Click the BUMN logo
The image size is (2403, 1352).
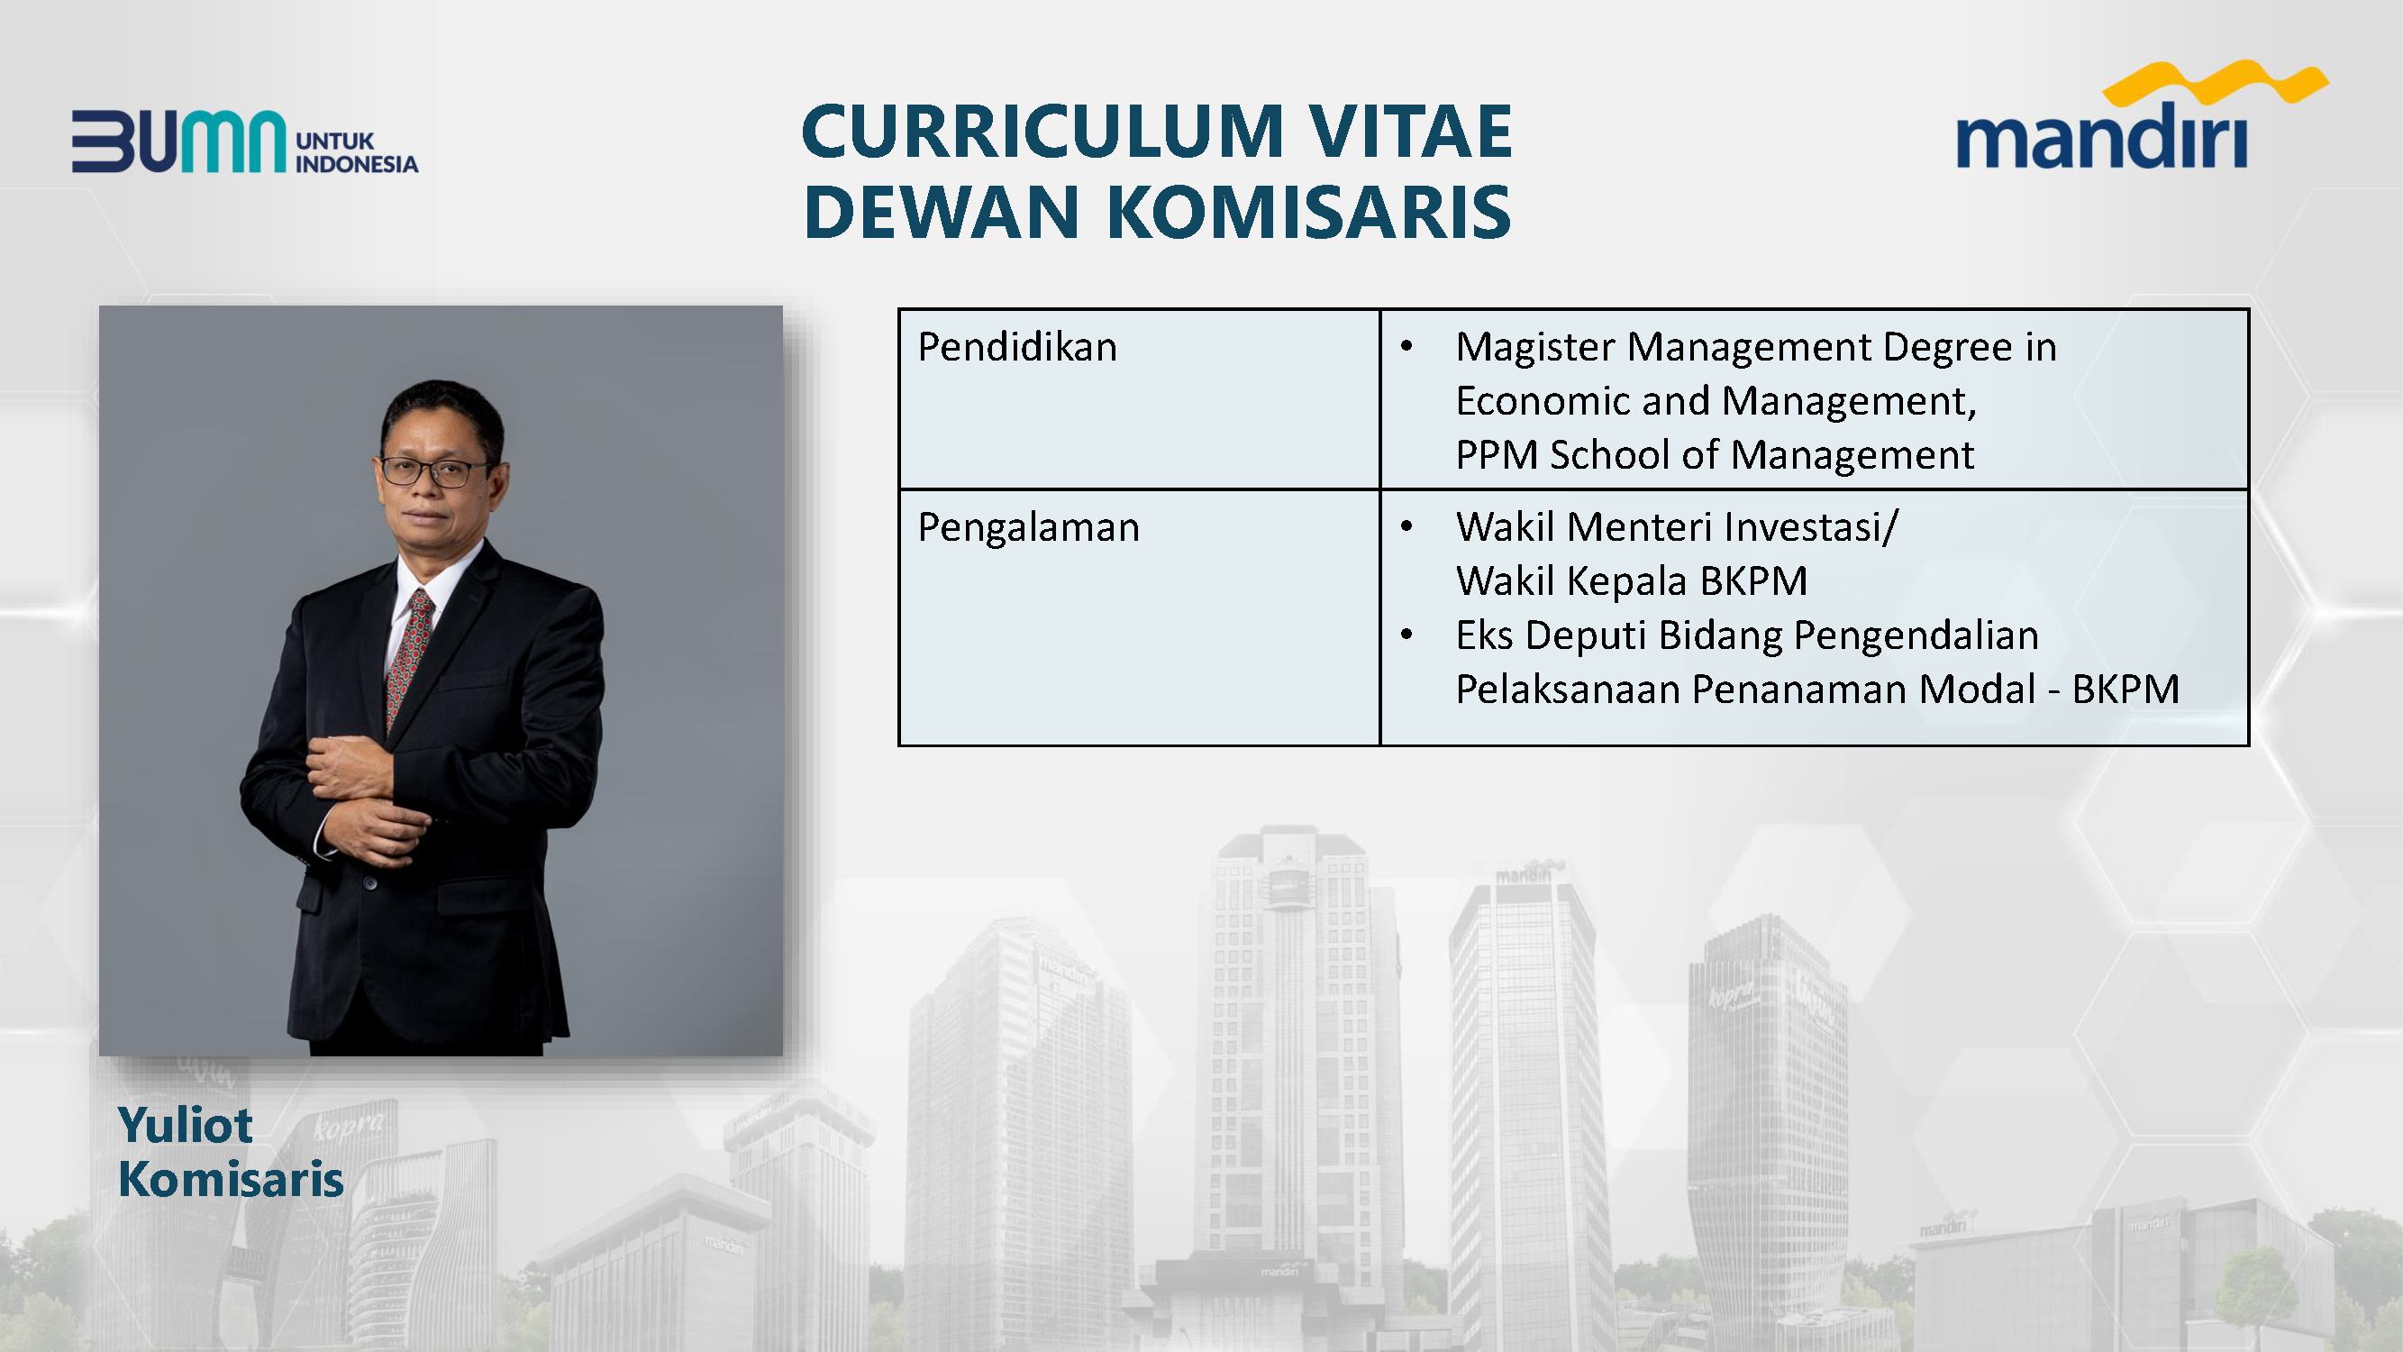[x=245, y=142]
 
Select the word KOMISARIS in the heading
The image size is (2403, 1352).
[x=1309, y=211]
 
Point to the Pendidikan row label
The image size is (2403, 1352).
[x=1018, y=347]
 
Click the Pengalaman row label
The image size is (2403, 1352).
[x=1029, y=528]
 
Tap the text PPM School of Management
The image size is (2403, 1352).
[x=1715, y=455]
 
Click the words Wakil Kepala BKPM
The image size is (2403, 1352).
[x=1632, y=581]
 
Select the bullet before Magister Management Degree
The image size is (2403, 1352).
[x=1407, y=348]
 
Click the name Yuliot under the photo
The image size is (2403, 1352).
[x=185, y=1125]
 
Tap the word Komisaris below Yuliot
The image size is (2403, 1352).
[x=232, y=1179]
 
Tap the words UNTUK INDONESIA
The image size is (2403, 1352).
[x=356, y=153]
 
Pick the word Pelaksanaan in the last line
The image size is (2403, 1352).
[x=1568, y=690]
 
